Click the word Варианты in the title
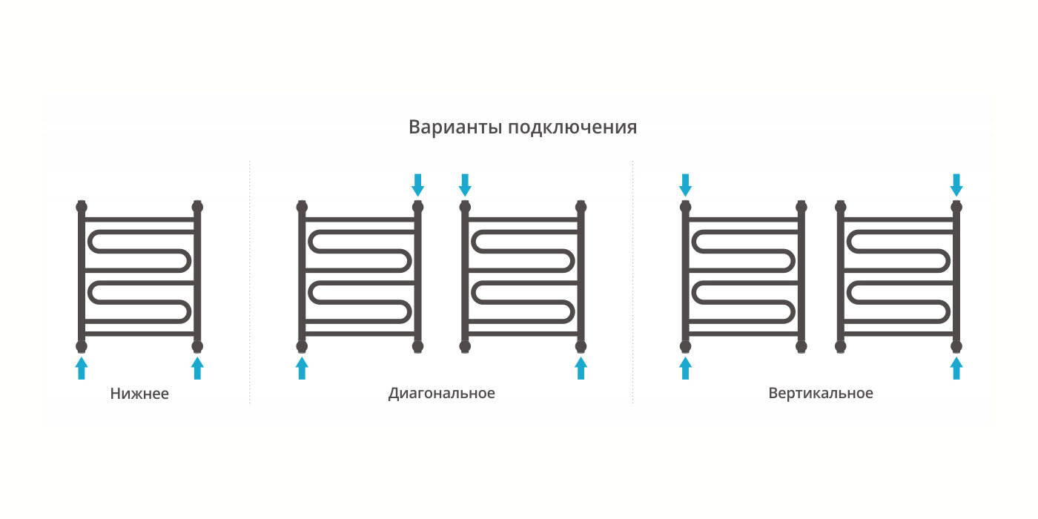455,128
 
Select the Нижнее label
139,394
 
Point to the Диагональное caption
441,393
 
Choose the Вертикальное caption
821,393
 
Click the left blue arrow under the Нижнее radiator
82,368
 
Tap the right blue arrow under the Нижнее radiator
197,368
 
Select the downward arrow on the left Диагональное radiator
418,185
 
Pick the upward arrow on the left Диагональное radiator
302,368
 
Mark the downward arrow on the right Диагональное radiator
465,185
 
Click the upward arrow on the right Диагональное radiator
581,368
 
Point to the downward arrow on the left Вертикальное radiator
685,185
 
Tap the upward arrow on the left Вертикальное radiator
685,368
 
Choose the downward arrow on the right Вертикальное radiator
956,185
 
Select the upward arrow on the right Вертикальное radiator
956,368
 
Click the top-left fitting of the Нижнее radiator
82,205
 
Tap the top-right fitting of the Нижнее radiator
197,205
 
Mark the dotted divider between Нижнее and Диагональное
250,282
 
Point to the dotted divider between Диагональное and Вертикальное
632,282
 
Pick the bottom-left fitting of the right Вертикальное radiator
841,346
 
